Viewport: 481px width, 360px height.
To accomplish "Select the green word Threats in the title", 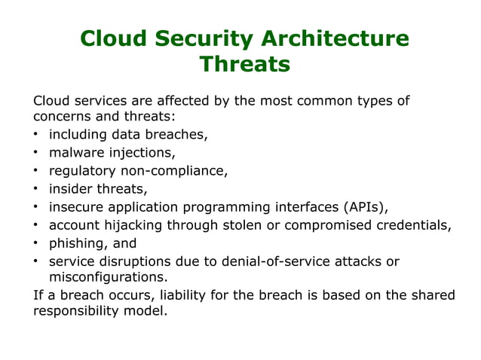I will [x=244, y=65].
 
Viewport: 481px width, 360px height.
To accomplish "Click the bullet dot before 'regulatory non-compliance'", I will [x=36, y=172].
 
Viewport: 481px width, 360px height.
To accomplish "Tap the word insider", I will [x=72, y=189].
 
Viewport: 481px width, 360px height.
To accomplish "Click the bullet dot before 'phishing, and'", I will [x=36, y=244].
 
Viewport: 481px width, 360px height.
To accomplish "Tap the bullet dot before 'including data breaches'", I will [x=36, y=136].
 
